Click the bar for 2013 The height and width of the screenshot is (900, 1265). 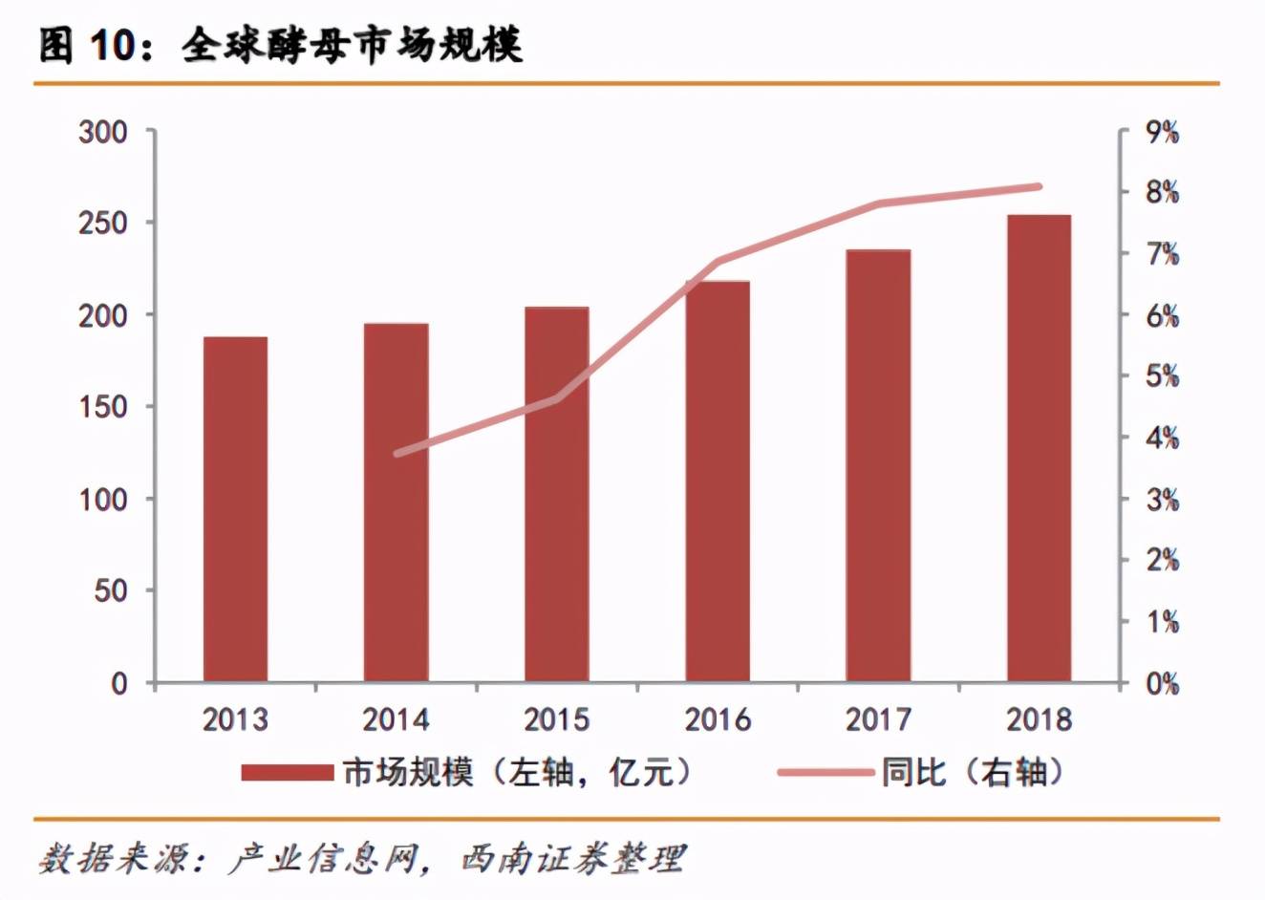click(235, 508)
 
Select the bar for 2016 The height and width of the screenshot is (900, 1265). click(718, 481)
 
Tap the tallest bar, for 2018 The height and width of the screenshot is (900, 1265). click(1039, 448)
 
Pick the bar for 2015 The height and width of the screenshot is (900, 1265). click(557, 494)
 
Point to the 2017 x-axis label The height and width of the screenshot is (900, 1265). click(878, 719)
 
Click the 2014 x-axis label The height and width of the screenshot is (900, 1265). click(397, 719)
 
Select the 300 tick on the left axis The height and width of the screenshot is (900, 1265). click(103, 132)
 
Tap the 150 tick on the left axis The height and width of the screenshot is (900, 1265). click(103, 407)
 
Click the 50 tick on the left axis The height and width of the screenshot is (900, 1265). click(110, 590)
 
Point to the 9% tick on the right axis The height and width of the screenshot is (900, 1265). click(1161, 132)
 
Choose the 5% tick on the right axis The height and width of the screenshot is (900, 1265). click(1161, 376)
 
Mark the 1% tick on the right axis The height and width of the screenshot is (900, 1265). click(1161, 622)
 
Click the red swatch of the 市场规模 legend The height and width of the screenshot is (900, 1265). click(287, 772)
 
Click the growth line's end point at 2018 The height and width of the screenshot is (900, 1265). click(1039, 186)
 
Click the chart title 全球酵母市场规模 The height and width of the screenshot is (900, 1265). click(353, 46)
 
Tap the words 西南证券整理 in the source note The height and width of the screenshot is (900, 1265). click(572, 858)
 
